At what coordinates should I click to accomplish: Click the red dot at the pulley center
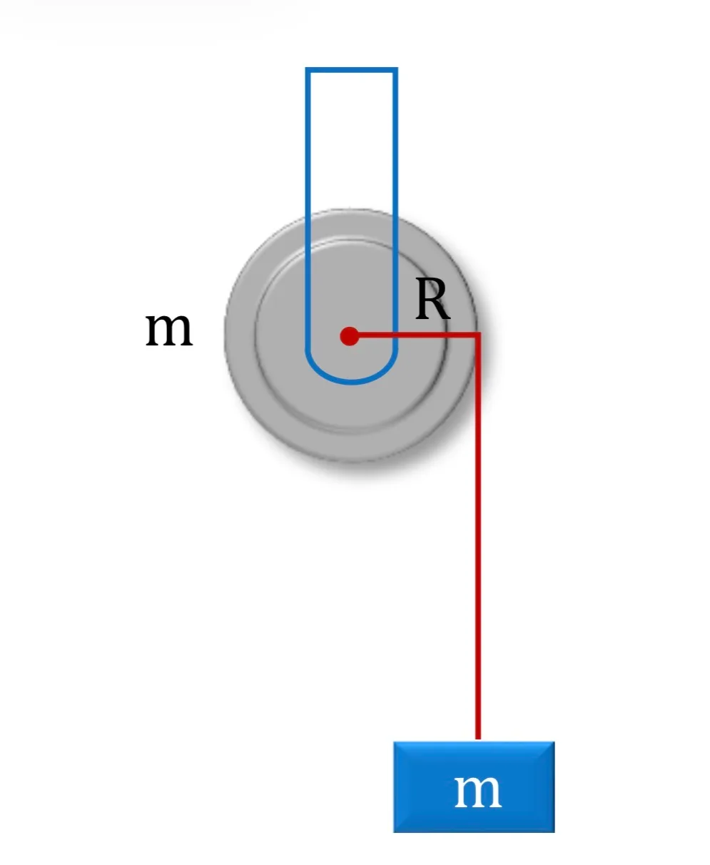tap(349, 336)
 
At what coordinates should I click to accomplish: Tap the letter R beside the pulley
tap(432, 298)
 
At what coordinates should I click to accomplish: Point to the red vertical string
tap(477, 537)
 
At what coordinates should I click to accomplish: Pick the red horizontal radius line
tap(415, 335)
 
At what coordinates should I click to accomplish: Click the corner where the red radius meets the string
tap(478, 335)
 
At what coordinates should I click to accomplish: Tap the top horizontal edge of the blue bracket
tap(351, 70)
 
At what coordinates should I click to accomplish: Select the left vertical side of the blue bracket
tap(308, 209)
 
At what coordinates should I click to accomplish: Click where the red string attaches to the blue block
tap(478, 741)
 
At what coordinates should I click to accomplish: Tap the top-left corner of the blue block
tap(394, 742)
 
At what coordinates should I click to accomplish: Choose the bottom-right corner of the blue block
tap(554, 832)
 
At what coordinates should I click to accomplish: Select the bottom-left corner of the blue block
tap(394, 832)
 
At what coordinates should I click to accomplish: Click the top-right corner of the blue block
tap(554, 742)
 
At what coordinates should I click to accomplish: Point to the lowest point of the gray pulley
tap(350, 462)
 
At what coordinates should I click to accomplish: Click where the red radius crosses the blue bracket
tap(395, 335)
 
